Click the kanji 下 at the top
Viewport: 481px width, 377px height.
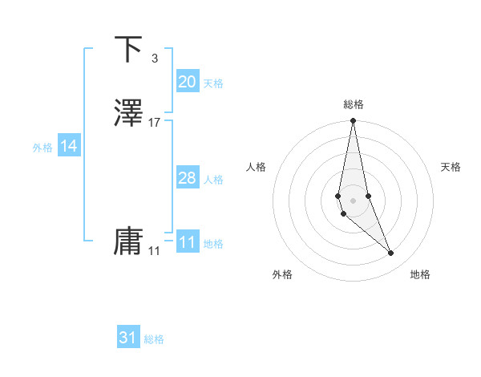click(x=128, y=50)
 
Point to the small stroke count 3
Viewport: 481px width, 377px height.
click(x=154, y=58)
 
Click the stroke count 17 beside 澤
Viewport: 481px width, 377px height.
click(x=155, y=123)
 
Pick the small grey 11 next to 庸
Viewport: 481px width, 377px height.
click(x=154, y=251)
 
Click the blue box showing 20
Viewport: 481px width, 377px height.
click(x=187, y=82)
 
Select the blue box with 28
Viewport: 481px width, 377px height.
click(x=187, y=178)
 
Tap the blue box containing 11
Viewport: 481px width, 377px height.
click(x=187, y=242)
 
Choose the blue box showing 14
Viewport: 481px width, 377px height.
click(x=69, y=146)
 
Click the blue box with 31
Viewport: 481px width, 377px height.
click(x=128, y=338)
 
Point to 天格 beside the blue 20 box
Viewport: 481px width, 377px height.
click(x=213, y=83)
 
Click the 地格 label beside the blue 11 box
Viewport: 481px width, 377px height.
click(x=213, y=244)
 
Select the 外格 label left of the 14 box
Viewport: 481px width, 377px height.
click(x=42, y=148)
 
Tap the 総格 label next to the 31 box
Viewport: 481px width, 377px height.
click(x=154, y=339)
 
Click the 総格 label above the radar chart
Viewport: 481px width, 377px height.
click(x=353, y=104)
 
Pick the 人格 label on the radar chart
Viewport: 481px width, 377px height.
click(x=256, y=167)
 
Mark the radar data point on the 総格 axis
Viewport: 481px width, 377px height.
click(x=353, y=121)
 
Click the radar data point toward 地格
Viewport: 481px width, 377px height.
click(x=391, y=253)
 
